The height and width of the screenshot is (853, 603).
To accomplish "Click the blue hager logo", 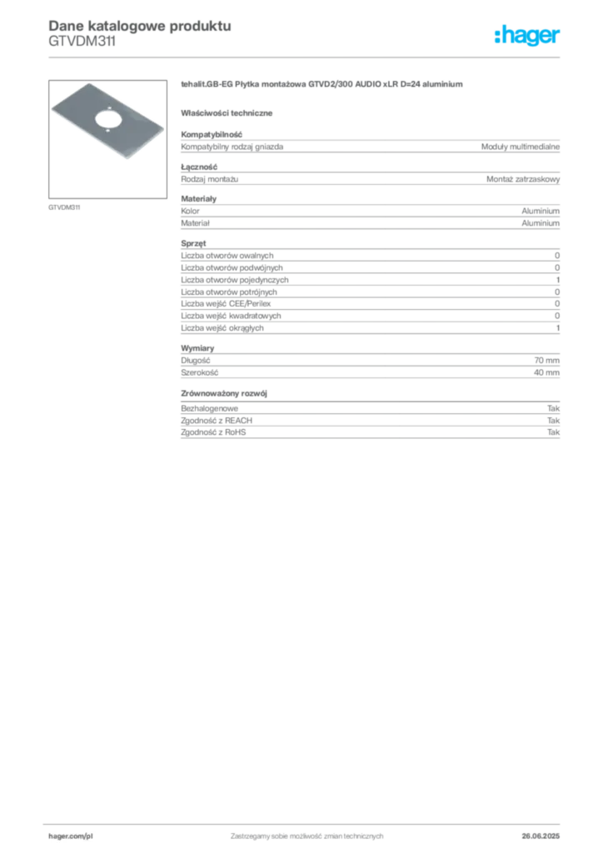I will pyautogui.click(x=528, y=36).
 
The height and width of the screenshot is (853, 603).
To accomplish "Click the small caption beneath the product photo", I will pyautogui.click(x=65, y=206).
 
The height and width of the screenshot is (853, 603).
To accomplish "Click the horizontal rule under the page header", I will pyautogui.click(x=306, y=57).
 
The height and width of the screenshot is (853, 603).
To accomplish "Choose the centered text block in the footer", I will pyautogui.click(x=306, y=833).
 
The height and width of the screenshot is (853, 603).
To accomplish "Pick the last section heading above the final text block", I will pyautogui.click(x=227, y=392).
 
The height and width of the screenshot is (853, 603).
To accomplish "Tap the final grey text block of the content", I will pyautogui.click(x=369, y=422).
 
